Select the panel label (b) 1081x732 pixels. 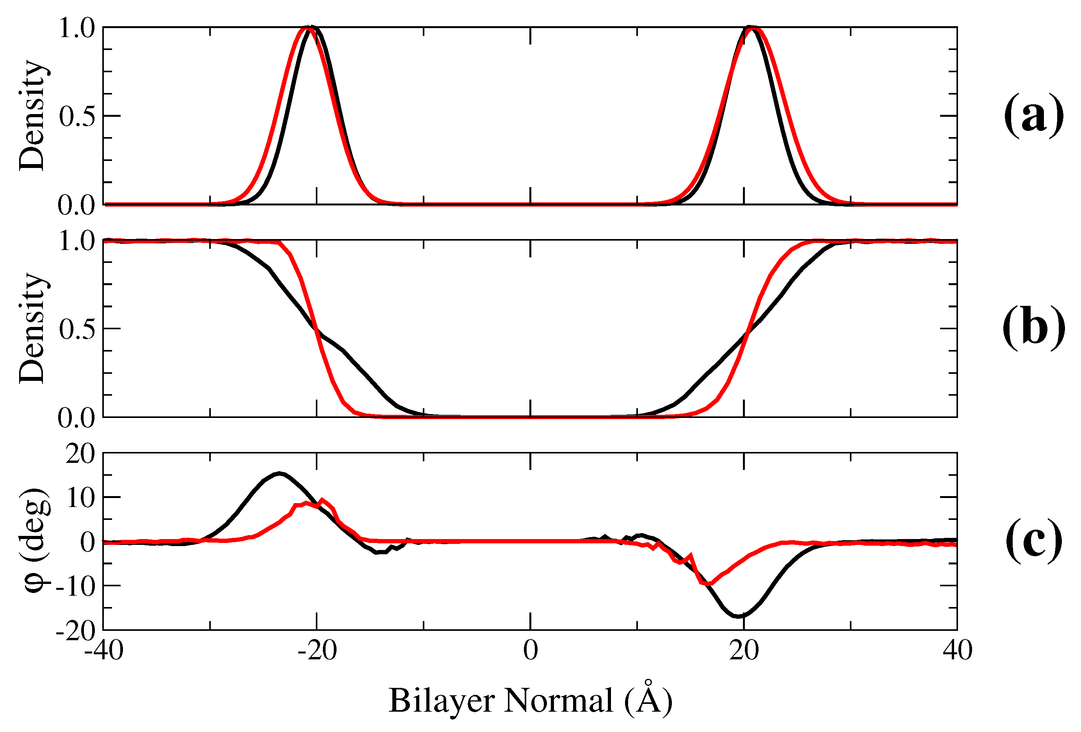[x=1033, y=327]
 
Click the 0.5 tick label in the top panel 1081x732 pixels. [x=77, y=116]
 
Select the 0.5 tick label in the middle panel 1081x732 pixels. [x=77, y=329]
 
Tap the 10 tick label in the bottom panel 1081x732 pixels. [x=80, y=498]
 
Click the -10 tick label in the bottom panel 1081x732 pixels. [x=75, y=586]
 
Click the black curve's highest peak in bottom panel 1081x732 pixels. [x=279, y=473]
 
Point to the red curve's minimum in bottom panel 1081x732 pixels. [x=708, y=584]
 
